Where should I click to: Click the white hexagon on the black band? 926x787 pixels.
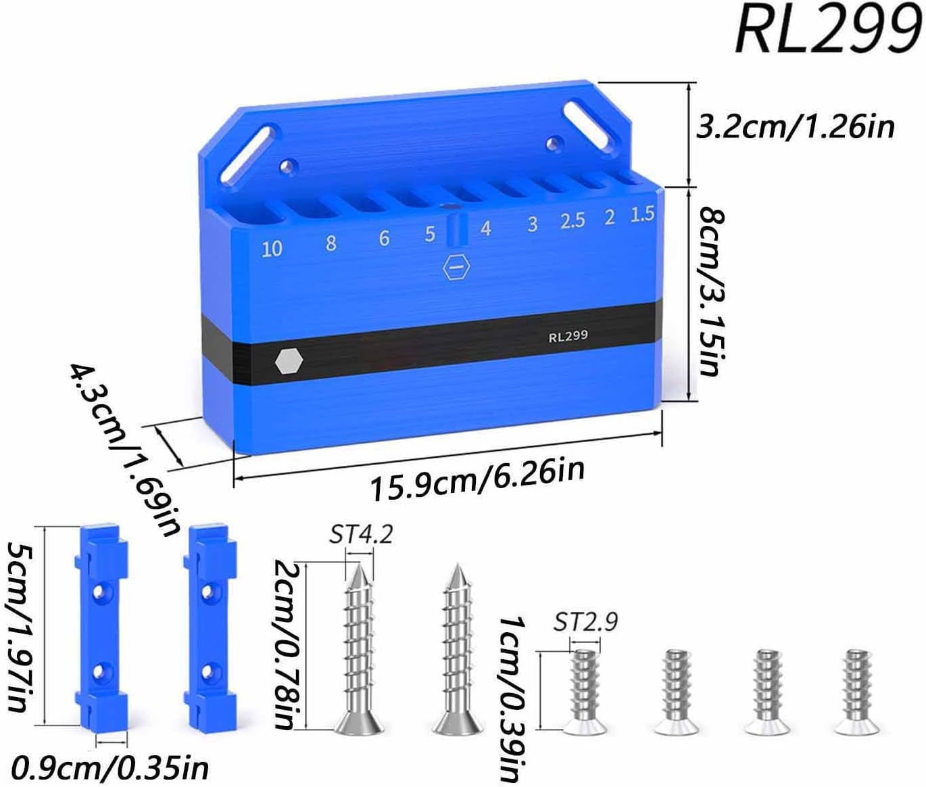[x=289, y=361]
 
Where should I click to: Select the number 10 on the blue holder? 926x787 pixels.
[x=272, y=249]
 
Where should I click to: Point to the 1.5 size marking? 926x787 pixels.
[x=642, y=214]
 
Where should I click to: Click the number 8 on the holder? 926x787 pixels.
[x=331, y=243]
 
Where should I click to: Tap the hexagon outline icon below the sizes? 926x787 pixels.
[x=456, y=266]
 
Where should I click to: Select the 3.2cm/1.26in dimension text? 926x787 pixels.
[x=795, y=127]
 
